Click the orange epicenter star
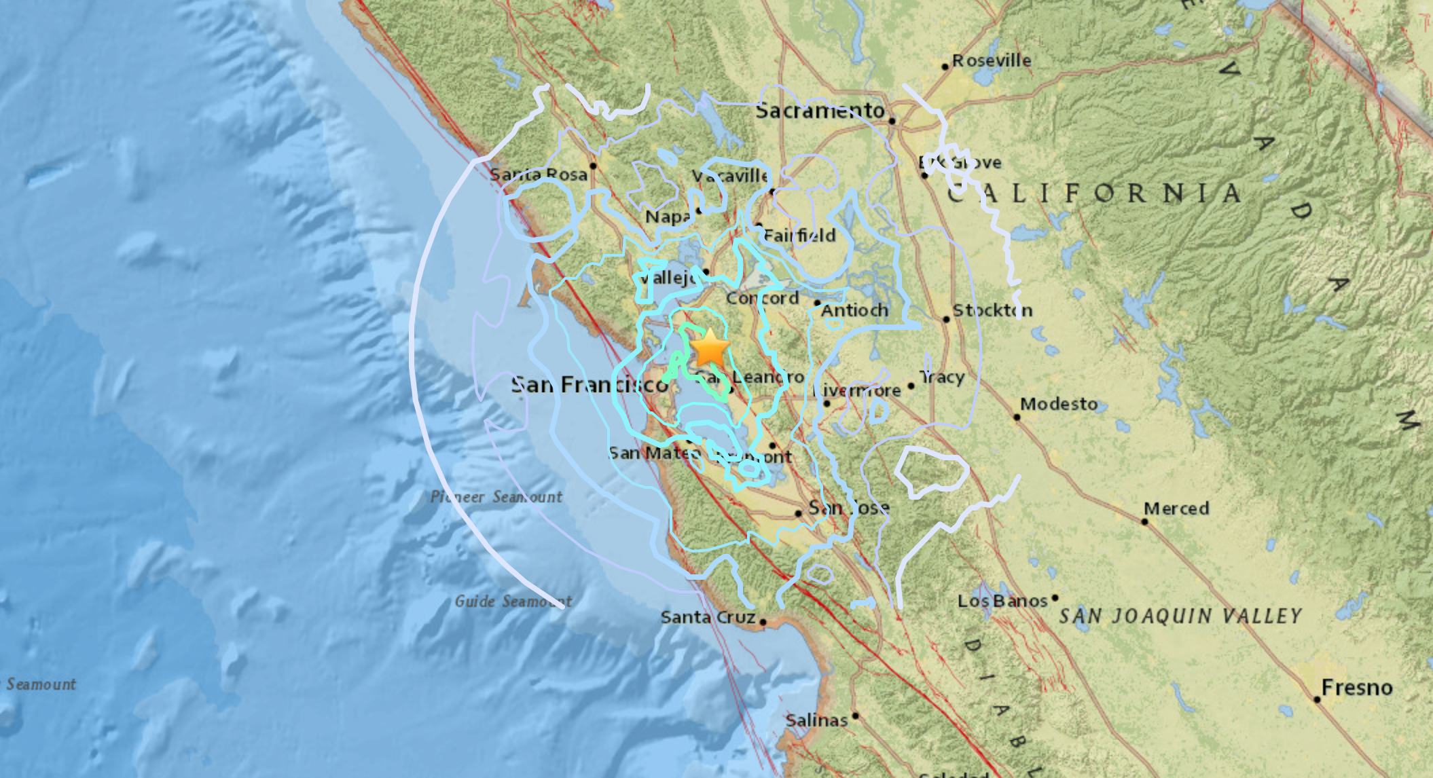coord(710,349)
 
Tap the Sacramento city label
coord(820,111)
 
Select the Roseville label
coord(992,60)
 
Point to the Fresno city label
coord(1357,688)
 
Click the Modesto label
coord(1059,404)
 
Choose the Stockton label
coord(992,310)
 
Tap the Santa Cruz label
coord(708,617)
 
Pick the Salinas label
coord(816,720)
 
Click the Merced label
coord(1176,508)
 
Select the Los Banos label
coord(1002,601)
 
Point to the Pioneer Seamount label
coord(496,497)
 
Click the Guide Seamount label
coord(513,601)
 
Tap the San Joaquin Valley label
coord(1180,616)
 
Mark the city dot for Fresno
coord(1318,699)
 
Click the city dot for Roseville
coord(945,67)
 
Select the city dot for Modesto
coord(1017,417)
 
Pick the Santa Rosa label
coord(539,174)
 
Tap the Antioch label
coord(854,310)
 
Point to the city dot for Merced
coord(1145,521)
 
